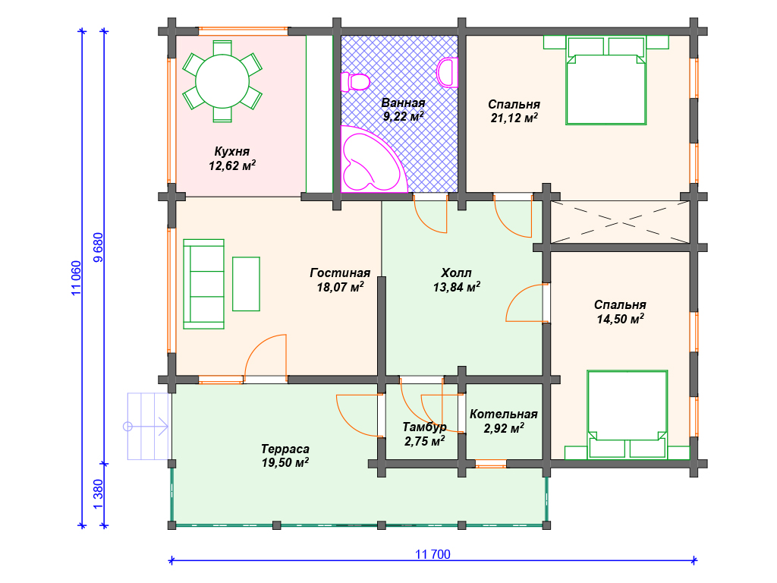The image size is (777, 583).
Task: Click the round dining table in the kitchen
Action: pos(222,81)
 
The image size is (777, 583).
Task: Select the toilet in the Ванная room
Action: pos(355,82)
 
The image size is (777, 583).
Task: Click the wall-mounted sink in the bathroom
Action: pos(448,72)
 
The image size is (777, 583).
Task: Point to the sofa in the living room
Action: pos(203,284)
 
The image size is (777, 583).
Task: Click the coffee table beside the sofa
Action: pos(247,284)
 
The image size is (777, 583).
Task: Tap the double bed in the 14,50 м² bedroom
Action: pos(627,414)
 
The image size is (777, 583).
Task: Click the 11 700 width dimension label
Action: pos(433,554)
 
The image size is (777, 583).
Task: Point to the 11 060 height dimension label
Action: pos(77,278)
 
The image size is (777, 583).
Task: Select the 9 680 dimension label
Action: pos(98,247)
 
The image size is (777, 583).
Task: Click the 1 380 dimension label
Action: pos(98,493)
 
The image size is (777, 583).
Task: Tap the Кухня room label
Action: pos(232,151)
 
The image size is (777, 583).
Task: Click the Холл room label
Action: pos(456,273)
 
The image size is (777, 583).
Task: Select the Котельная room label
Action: pos(504,414)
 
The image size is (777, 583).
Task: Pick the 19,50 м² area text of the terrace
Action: pos(285,462)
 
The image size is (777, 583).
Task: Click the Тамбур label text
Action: pos(424,427)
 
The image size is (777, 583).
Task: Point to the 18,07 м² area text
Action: pos(341,286)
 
